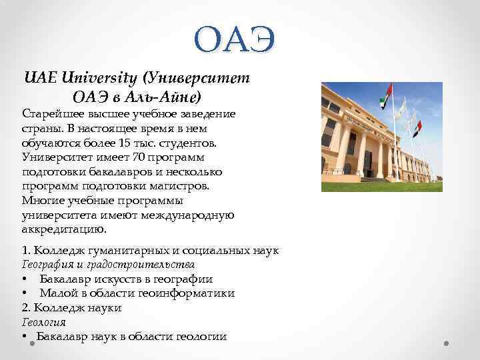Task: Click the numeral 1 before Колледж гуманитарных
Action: [x=25, y=251]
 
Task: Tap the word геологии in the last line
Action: [x=201, y=336]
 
